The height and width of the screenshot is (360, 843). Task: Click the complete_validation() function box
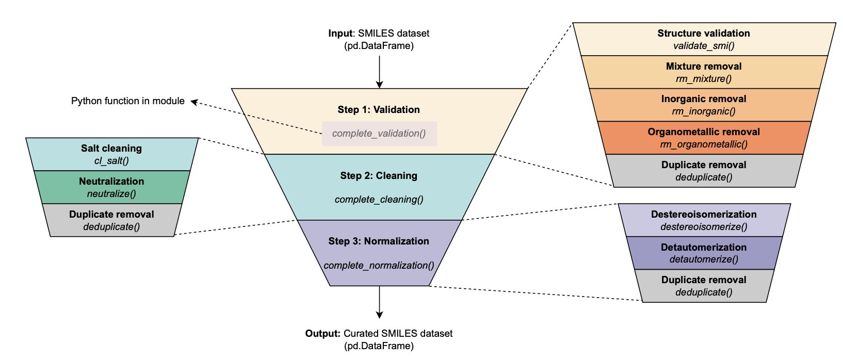point(379,134)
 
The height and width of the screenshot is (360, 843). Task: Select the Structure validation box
point(704,39)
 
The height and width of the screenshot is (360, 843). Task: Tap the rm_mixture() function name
point(704,79)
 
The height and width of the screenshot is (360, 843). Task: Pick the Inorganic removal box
point(704,105)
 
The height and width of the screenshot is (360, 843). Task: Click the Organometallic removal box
point(704,138)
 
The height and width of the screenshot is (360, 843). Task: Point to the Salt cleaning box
point(111,154)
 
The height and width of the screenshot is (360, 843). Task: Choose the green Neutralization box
point(111,187)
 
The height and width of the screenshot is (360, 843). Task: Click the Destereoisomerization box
point(704,220)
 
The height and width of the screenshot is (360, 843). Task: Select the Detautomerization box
point(704,253)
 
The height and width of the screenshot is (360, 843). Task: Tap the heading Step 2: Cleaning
point(379,176)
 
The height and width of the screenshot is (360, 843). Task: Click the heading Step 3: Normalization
point(379,241)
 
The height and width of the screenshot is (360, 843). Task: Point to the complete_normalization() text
point(379,266)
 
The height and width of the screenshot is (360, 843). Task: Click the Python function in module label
point(127,101)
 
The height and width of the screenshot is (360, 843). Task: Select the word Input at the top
point(341,34)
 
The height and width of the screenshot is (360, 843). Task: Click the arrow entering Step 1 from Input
point(379,72)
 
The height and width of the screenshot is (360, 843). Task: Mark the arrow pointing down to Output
point(379,302)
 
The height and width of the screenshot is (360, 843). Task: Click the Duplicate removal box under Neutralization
point(111,220)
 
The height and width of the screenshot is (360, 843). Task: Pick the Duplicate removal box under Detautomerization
point(704,286)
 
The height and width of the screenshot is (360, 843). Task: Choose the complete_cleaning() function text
point(379,200)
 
